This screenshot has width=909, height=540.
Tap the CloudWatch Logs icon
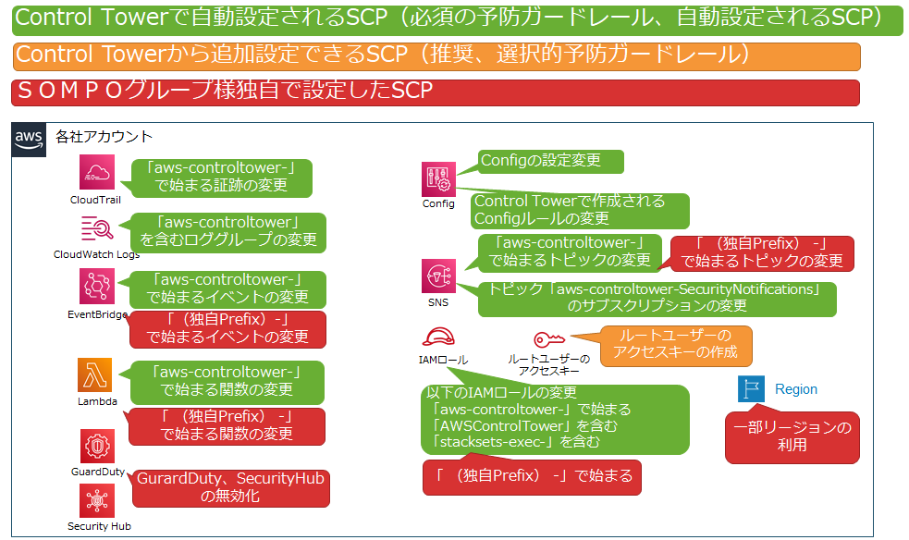pyautogui.click(x=96, y=227)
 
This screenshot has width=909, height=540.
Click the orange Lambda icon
pyautogui.click(x=95, y=375)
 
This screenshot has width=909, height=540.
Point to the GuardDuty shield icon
pyautogui.click(x=96, y=446)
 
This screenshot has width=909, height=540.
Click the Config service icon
pyautogui.click(x=437, y=178)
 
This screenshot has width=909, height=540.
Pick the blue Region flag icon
pyautogui.click(x=751, y=389)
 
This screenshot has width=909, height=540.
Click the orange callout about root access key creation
pyautogui.click(x=675, y=346)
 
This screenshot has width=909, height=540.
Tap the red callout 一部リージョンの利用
pyautogui.click(x=792, y=437)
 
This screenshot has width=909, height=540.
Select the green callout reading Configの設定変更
pyautogui.click(x=550, y=160)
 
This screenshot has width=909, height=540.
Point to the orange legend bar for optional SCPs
pyautogui.click(x=437, y=55)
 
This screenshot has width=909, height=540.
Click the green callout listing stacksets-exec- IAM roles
pyautogui.click(x=553, y=418)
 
